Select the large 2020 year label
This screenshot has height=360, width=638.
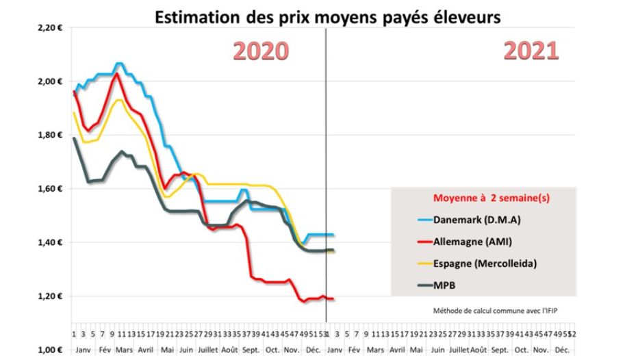pyautogui.click(x=261, y=51)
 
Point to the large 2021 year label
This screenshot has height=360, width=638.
pyautogui.click(x=531, y=51)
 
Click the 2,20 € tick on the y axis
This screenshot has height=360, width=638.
pyautogui.click(x=51, y=28)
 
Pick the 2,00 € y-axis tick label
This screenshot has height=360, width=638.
pyautogui.click(x=51, y=81)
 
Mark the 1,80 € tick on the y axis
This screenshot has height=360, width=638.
pyautogui.click(x=51, y=135)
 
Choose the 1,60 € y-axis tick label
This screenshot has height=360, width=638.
pyautogui.click(x=51, y=188)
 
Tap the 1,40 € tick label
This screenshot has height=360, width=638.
pyautogui.click(x=51, y=242)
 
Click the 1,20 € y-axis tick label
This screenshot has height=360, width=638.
pyautogui.click(x=51, y=296)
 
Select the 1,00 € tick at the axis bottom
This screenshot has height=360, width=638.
pyautogui.click(x=51, y=349)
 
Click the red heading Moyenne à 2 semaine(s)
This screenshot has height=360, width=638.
pyautogui.click(x=492, y=198)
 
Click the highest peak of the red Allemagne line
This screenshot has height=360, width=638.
pyautogui.click(x=117, y=73)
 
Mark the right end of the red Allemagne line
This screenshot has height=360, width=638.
pyautogui.click(x=333, y=298)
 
